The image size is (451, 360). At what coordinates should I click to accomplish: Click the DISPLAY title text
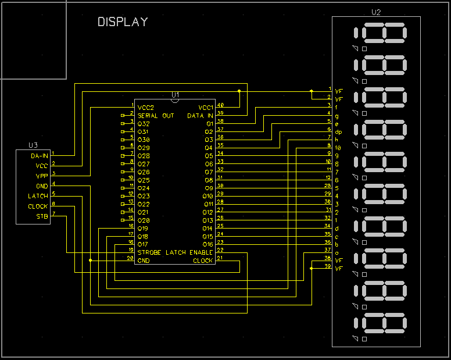[x=123, y=22]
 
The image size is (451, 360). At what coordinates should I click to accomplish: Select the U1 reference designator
[x=176, y=94]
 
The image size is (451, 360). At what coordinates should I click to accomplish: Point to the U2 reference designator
[x=376, y=12]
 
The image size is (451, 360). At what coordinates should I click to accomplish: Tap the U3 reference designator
[x=33, y=145]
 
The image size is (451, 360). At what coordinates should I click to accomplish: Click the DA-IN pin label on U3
[x=39, y=156]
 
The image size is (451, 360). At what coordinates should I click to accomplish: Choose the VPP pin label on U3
[x=41, y=176]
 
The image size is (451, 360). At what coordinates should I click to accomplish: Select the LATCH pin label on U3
[x=38, y=196]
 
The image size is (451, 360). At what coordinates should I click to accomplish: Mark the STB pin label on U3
[x=42, y=216]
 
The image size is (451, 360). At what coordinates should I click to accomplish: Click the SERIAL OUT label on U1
[x=156, y=116]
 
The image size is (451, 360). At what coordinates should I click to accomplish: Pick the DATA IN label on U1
[x=200, y=116]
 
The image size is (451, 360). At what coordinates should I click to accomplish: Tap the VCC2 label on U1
[x=146, y=108]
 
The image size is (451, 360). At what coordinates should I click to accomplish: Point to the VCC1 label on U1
[x=206, y=108]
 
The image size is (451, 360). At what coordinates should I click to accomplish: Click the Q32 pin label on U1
[x=143, y=124]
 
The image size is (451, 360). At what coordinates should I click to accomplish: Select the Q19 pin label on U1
[x=143, y=229]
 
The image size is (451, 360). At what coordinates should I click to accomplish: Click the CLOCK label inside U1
[x=203, y=261]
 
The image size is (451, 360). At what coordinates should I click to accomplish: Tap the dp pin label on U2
[x=338, y=131]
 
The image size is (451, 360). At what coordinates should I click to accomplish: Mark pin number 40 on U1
[x=220, y=105]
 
